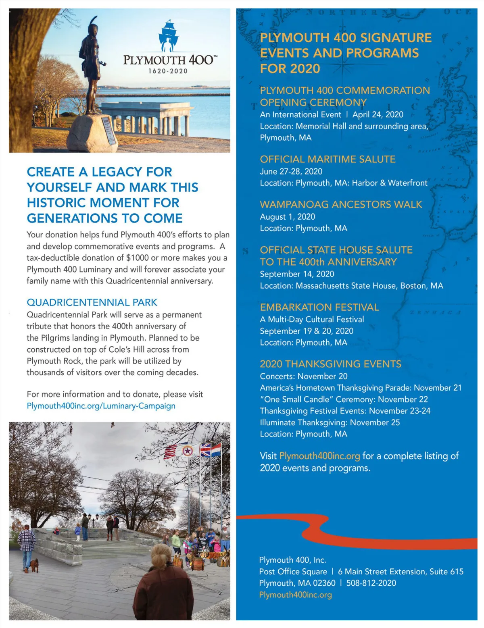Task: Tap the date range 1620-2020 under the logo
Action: click(x=168, y=71)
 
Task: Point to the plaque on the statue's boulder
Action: click(x=108, y=131)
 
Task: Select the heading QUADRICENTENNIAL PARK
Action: click(x=92, y=302)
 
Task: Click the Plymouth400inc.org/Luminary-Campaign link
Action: click(x=101, y=405)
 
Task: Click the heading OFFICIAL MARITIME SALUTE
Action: click(x=328, y=159)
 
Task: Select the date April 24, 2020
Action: click(x=378, y=114)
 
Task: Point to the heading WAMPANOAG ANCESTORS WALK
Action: click(x=341, y=204)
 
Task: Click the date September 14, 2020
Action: click(x=297, y=274)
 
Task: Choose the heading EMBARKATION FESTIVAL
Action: click(x=319, y=307)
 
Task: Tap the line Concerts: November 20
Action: click(x=303, y=376)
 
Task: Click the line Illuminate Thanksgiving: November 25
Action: click(x=330, y=422)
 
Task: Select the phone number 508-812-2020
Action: click(x=371, y=583)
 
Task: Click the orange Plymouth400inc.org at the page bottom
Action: click(x=295, y=595)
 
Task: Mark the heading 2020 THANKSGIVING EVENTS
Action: click(x=330, y=364)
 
